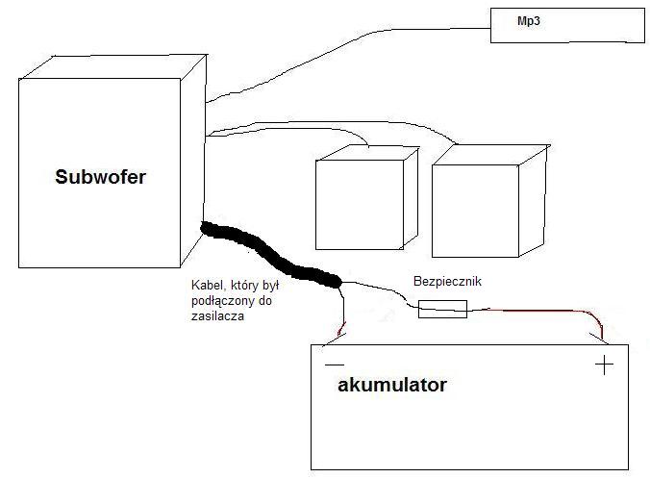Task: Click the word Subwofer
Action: point(100,177)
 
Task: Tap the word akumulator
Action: point(392,386)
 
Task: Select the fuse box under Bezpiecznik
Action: point(442,309)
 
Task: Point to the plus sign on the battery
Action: point(604,365)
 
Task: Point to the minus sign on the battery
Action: point(335,366)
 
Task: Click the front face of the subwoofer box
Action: point(100,192)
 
